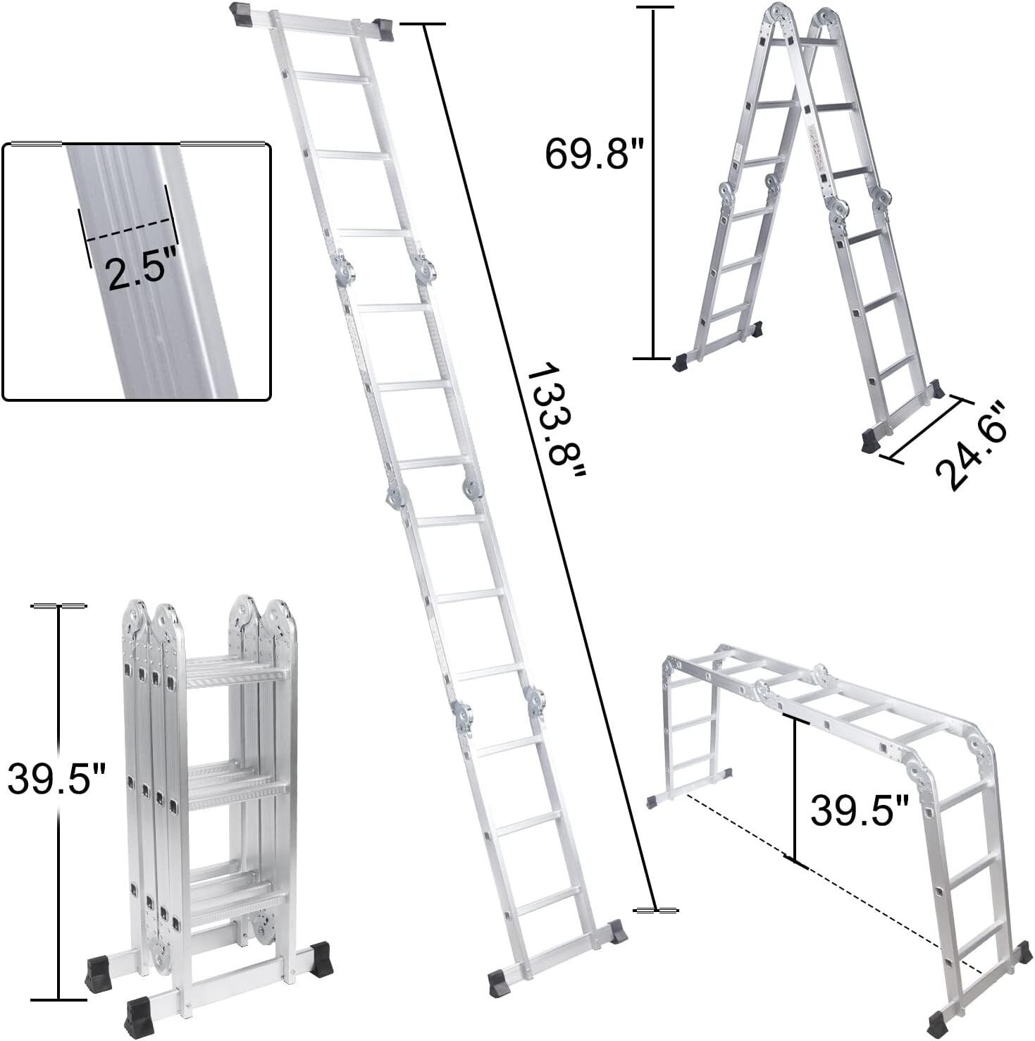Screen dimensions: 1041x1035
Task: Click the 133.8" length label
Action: (557, 423)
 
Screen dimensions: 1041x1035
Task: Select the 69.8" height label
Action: (585, 153)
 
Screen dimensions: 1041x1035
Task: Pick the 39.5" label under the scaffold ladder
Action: (859, 810)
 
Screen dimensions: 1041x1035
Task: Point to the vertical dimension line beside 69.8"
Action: (653, 183)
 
